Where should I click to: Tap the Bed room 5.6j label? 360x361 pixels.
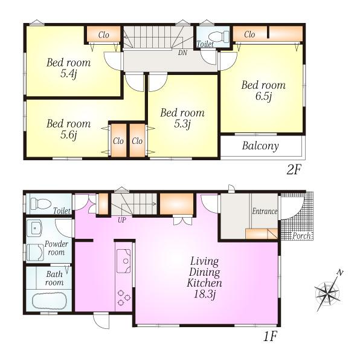pyautogui.click(x=68, y=129)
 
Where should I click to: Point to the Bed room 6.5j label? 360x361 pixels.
pyautogui.click(x=263, y=91)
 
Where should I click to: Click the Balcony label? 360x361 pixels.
pyautogui.click(x=260, y=146)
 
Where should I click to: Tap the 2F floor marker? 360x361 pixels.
pyautogui.click(x=293, y=170)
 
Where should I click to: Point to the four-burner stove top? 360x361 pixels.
pyautogui.click(x=124, y=296)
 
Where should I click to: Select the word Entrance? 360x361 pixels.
pyautogui.click(x=264, y=212)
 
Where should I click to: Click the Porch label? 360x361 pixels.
pyautogui.click(x=301, y=236)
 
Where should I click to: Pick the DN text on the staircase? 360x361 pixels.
pyautogui.click(x=182, y=53)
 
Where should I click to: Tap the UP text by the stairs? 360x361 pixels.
pyautogui.click(x=121, y=220)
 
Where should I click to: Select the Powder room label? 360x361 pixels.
pyautogui.click(x=56, y=248)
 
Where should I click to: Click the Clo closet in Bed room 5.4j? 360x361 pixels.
pyautogui.click(x=103, y=36)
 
